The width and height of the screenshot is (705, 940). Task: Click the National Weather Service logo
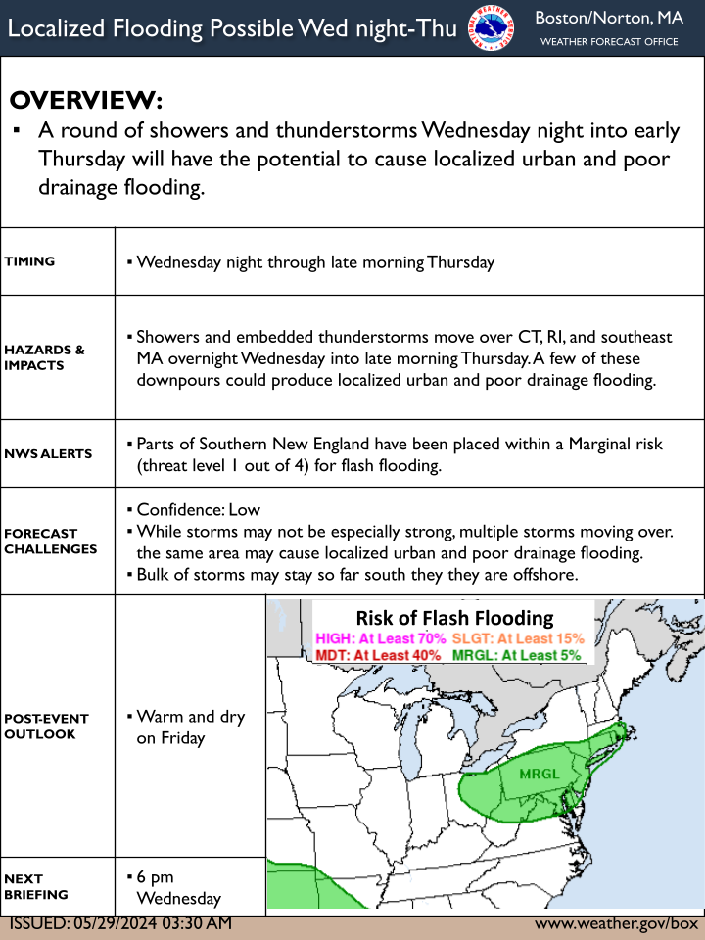(491, 28)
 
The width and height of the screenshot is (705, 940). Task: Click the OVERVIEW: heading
(86, 100)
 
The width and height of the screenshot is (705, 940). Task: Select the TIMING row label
(29, 261)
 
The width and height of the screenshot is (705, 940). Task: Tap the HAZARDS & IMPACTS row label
(44, 357)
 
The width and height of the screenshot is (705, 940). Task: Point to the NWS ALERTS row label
(48, 453)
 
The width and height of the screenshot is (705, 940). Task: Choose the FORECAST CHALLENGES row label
(50, 541)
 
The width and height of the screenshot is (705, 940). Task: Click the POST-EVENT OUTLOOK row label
(46, 726)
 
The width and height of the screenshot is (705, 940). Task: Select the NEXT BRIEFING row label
(36, 887)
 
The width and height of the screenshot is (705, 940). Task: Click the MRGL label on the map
(539, 774)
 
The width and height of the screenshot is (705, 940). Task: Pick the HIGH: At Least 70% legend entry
(381, 638)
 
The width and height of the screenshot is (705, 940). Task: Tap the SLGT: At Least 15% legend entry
(518, 638)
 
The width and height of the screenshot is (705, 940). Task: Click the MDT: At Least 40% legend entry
(378, 655)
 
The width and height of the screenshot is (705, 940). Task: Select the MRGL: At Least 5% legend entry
(516, 655)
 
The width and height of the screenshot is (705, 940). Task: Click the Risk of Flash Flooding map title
(455, 618)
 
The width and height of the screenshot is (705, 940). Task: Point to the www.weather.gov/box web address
(616, 923)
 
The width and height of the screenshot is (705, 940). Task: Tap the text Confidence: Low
(199, 509)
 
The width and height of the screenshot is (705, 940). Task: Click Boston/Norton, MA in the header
(609, 18)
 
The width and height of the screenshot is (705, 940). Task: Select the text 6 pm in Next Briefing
(156, 877)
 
